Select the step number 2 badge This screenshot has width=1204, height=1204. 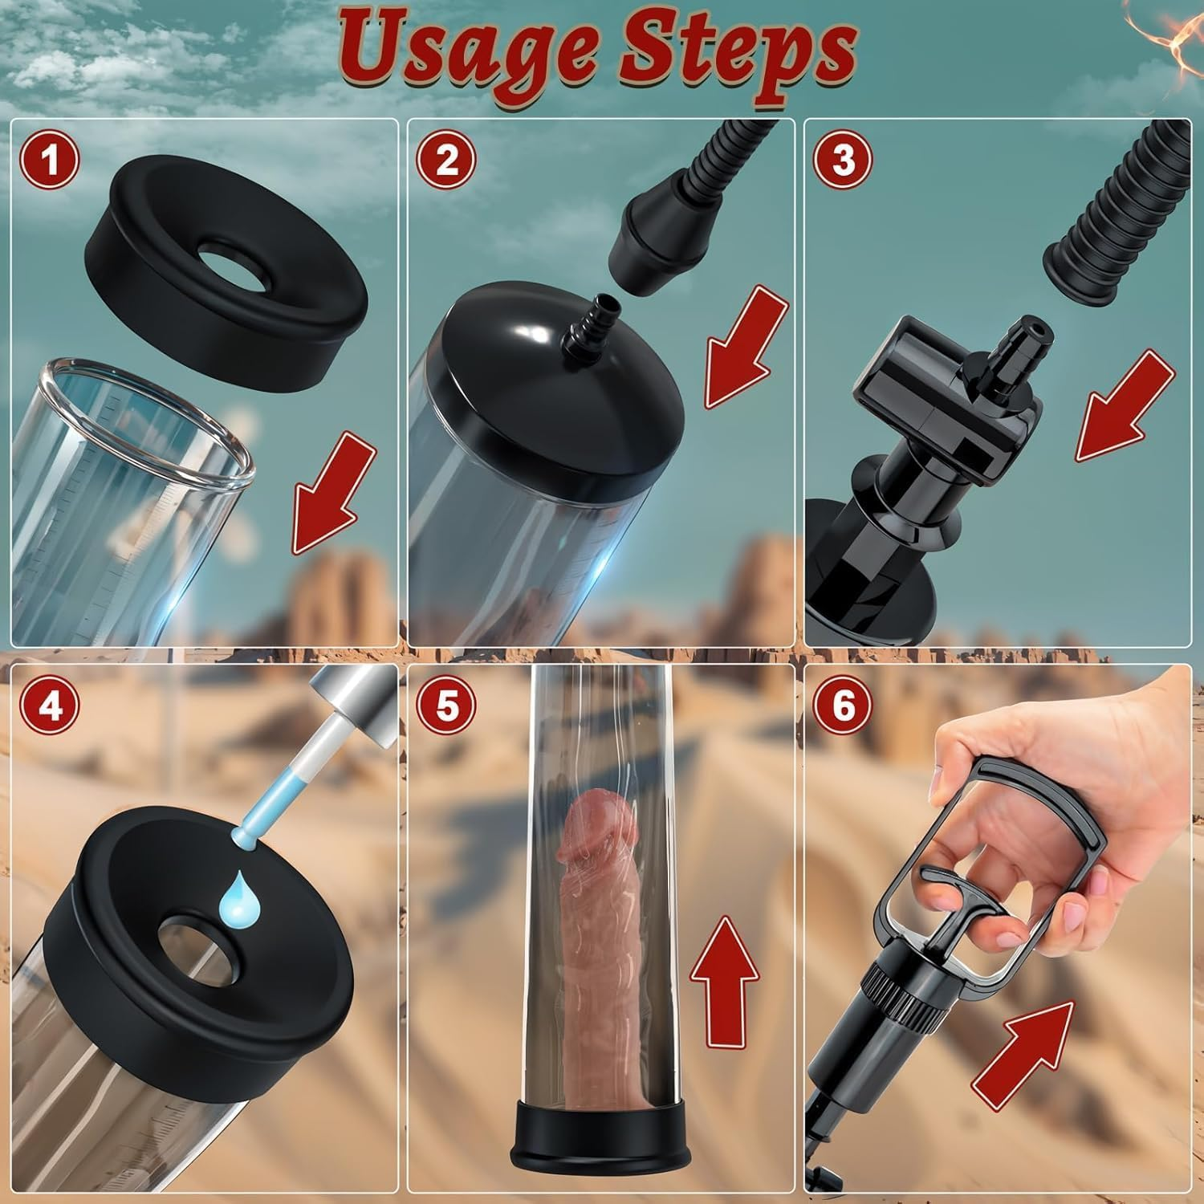pyautogui.click(x=447, y=162)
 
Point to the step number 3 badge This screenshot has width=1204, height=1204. pyautogui.click(x=843, y=162)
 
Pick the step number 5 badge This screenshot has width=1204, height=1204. pyautogui.click(x=447, y=707)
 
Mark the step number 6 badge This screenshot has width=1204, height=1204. pyautogui.click(x=843, y=707)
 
